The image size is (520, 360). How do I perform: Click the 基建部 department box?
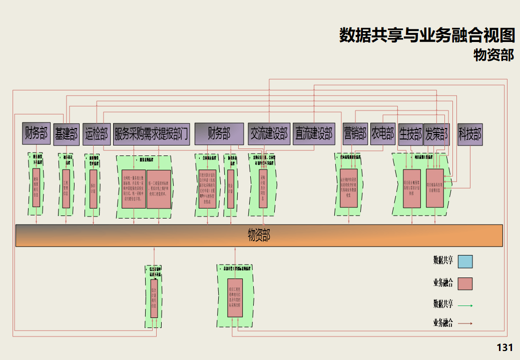(x=66, y=133)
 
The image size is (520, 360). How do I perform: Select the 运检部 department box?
(x=96, y=133)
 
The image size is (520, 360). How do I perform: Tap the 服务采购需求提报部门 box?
(x=152, y=133)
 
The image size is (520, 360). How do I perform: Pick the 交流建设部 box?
(x=269, y=133)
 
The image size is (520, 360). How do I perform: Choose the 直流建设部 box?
(x=313, y=133)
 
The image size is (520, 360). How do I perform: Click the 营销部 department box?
(x=355, y=133)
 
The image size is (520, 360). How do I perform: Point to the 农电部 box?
(x=382, y=133)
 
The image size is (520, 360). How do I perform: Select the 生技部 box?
(x=410, y=133)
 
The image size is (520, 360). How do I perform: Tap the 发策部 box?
(x=436, y=133)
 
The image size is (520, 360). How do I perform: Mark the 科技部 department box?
(x=470, y=133)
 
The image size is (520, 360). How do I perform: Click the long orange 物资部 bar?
(x=259, y=235)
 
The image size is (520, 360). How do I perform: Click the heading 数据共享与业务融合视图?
(x=427, y=35)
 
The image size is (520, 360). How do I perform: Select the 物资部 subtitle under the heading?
(x=493, y=54)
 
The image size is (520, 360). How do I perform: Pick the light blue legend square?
(x=465, y=261)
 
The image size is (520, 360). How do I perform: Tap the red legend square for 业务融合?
(x=465, y=283)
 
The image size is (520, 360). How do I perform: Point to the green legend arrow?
(x=465, y=304)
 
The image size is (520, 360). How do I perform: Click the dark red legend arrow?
(x=465, y=323)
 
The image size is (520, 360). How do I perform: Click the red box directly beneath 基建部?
(x=66, y=188)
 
